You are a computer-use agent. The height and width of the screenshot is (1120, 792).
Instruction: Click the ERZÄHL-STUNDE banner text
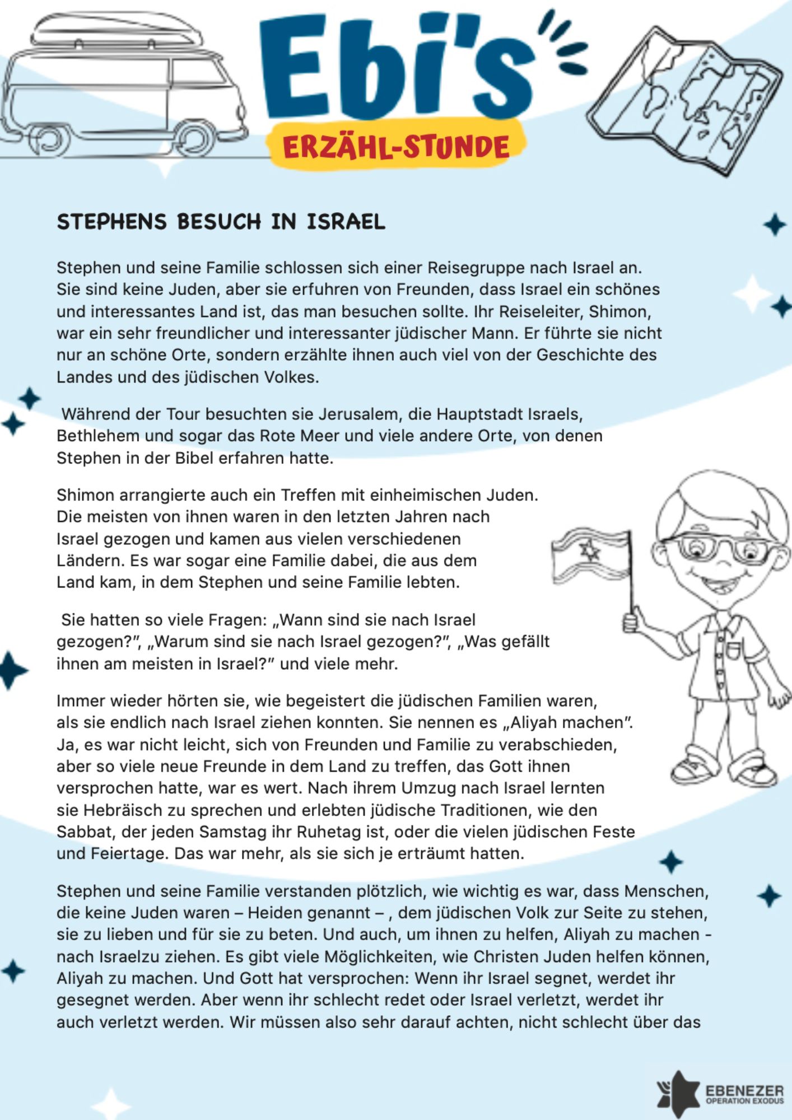click(396, 147)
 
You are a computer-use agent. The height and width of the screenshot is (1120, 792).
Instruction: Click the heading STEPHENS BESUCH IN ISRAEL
click(221, 222)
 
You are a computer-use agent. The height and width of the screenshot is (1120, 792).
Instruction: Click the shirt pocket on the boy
click(734, 650)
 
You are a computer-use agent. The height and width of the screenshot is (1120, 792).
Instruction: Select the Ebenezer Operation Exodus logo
click(720, 1092)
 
